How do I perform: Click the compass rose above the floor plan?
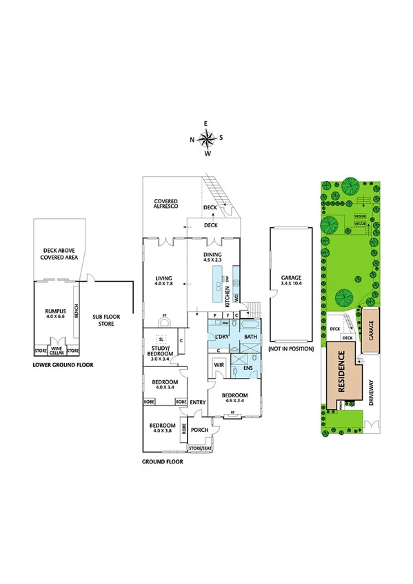pyautogui.click(x=206, y=139)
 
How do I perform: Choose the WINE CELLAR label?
pyautogui.click(x=57, y=350)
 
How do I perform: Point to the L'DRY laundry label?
pyautogui.click(x=222, y=336)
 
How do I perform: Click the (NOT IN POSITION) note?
pyautogui.click(x=290, y=350)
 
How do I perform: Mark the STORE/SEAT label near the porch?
pyautogui.click(x=200, y=448)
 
